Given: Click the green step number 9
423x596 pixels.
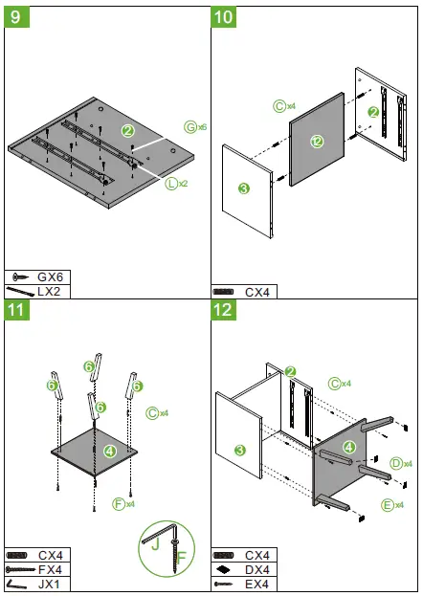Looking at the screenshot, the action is [16, 17].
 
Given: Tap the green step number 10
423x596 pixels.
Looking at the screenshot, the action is [223, 17].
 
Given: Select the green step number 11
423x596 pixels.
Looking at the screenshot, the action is [16, 310].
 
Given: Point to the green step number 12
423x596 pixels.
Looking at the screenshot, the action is [223, 310].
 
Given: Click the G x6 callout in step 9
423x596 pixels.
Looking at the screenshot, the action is [195, 127].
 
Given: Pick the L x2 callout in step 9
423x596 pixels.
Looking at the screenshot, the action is [176, 184].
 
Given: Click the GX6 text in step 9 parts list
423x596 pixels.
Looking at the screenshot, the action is [50, 276].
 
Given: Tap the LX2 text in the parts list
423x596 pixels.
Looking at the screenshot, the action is [49, 292].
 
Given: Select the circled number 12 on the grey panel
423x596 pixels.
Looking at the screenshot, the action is [317, 142].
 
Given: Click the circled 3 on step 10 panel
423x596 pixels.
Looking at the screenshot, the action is [243, 188].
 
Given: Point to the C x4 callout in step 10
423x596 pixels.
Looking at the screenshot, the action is [284, 106].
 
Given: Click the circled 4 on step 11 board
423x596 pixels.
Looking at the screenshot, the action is [109, 452].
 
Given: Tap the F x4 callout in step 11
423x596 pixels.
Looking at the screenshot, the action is [123, 504].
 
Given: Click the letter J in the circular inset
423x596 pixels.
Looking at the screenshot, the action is [155, 544].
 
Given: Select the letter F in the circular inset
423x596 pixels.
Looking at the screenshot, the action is [182, 558].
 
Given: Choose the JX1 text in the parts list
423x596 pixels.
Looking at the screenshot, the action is [49, 584].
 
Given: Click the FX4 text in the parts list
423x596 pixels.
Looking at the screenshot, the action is [50, 570].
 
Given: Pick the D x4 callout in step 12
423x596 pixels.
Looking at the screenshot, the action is [401, 463].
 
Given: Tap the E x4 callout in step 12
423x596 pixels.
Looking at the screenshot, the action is [392, 505].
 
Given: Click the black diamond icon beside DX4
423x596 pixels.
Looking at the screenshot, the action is [223, 570].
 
